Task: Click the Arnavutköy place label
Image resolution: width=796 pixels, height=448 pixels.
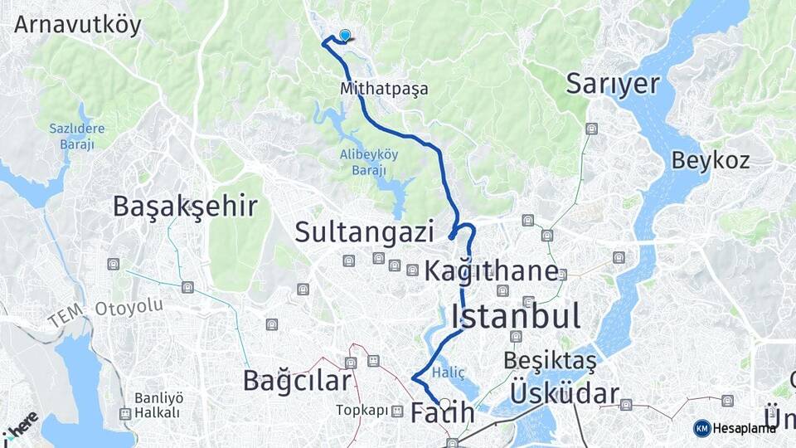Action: (x=78, y=24)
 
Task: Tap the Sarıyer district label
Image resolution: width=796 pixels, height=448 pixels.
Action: (x=613, y=83)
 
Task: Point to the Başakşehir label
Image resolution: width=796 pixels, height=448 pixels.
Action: (x=185, y=206)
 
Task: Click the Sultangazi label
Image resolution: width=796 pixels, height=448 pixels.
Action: (x=364, y=232)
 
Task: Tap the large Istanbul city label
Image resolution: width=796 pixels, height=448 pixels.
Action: (x=516, y=315)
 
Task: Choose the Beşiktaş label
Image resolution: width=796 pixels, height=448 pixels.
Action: (x=550, y=362)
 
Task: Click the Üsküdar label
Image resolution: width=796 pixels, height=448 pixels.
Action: (x=565, y=393)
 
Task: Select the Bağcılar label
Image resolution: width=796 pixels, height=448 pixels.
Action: (x=297, y=380)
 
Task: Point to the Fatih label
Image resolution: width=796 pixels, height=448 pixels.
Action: (x=443, y=412)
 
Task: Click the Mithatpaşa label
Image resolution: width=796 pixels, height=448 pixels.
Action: (x=384, y=88)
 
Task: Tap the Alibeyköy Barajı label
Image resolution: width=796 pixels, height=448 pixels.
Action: (x=369, y=162)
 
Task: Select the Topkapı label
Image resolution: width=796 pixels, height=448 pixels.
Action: (x=362, y=410)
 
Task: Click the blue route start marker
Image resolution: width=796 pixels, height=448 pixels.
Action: (x=345, y=36)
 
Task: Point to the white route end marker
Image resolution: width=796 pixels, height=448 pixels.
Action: (x=445, y=405)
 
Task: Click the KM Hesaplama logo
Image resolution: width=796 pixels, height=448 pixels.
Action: (x=735, y=427)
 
